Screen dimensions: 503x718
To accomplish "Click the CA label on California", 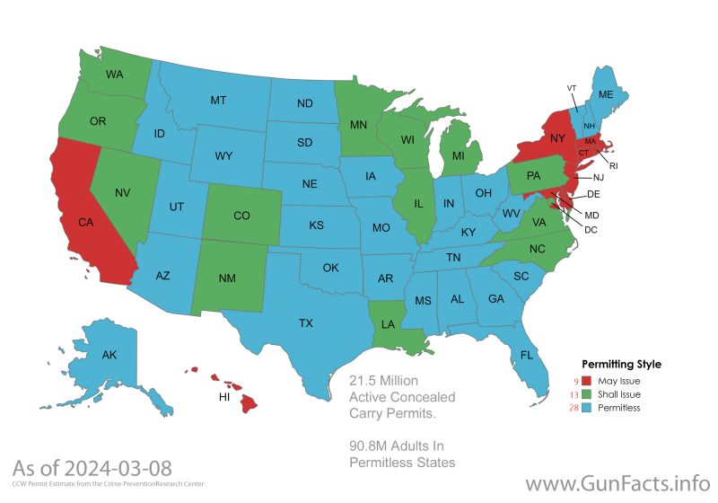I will [x=86, y=222].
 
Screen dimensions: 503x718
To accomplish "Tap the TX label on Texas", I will [x=306, y=322].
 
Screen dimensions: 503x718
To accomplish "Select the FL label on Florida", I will [x=527, y=354].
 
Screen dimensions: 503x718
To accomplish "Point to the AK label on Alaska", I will [x=109, y=355].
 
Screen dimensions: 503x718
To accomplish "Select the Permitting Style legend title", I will [x=622, y=365].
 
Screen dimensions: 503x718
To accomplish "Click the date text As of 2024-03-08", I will [x=92, y=468].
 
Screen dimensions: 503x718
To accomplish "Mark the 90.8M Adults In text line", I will [x=396, y=446].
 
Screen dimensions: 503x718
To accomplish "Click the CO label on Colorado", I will [x=241, y=216].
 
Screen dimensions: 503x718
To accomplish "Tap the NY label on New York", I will [x=557, y=137].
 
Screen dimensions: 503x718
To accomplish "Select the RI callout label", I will [x=614, y=165].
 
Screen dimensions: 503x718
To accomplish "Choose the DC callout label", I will [x=591, y=230].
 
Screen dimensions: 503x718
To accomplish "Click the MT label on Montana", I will [x=218, y=100].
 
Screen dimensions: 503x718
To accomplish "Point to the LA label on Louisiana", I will [x=387, y=323].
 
